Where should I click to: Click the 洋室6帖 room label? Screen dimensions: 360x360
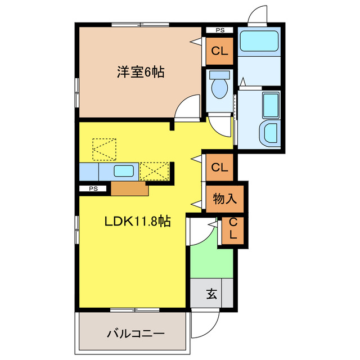point(141,73)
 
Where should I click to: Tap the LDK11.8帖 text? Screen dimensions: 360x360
point(137,222)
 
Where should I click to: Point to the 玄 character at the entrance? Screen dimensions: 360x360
point(211,294)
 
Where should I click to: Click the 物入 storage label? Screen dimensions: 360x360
point(224,198)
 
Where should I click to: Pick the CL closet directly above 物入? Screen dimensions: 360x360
point(219,167)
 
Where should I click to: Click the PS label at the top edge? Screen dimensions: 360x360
point(219,30)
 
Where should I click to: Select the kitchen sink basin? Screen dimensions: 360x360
point(123,170)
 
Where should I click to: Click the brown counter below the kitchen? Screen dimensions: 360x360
point(130,188)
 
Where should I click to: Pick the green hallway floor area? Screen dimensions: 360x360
point(211,260)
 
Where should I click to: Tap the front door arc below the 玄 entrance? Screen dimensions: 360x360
point(204,324)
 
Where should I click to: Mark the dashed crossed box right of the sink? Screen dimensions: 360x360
point(155,170)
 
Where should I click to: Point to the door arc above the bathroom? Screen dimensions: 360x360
point(259,13)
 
